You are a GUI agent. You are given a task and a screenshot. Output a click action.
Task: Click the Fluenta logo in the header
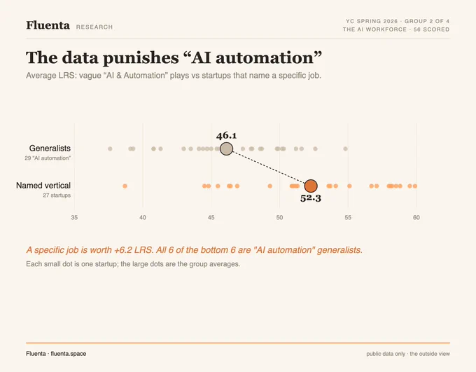pyautogui.click(x=48, y=25)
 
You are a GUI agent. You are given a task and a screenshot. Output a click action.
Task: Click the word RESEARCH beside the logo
pyautogui.click(x=94, y=27)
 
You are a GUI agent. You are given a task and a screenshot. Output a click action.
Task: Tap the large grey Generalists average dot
pyautogui.click(x=227, y=149)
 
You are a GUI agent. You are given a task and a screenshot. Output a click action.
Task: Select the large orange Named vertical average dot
pyautogui.click(x=311, y=186)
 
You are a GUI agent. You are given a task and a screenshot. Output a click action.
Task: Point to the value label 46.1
pyautogui.click(x=227, y=135)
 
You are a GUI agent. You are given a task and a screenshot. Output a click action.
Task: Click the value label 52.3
pyautogui.click(x=311, y=198)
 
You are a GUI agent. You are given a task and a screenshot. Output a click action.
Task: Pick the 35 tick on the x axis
pyautogui.click(x=74, y=218)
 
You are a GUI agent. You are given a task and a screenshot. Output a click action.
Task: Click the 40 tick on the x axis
pyautogui.click(x=143, y=218)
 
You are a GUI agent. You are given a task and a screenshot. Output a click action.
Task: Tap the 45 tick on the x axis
pyautogui.click(x=211, y=218)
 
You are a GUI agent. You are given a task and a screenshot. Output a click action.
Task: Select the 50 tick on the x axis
pyautogui.click(x=279, y=218)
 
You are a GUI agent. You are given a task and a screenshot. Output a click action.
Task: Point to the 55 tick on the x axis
pyautogui.click(x=348, y=218)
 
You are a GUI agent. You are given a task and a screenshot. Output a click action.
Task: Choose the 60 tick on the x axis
pyautogui.click(x=416, y=218)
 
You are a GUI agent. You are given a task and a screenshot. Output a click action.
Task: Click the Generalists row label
pyautogui.click(x=50, y=149)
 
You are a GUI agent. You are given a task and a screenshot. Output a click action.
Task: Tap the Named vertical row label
pyautogui.click(x=43, y=186)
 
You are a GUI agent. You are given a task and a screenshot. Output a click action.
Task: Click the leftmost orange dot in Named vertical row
pyautogui.click(x=125, y=186)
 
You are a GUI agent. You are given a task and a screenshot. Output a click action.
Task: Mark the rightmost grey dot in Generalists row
pyautogui.click(x=346, y=149)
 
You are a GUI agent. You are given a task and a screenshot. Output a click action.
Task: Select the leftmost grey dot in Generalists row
pyautogui.click(x=110, y=149)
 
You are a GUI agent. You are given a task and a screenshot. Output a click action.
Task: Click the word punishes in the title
pyautogui.click(x=141, y=57)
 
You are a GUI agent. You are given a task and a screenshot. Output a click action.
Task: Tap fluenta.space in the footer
pyautogui.click(x=69, y=354)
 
